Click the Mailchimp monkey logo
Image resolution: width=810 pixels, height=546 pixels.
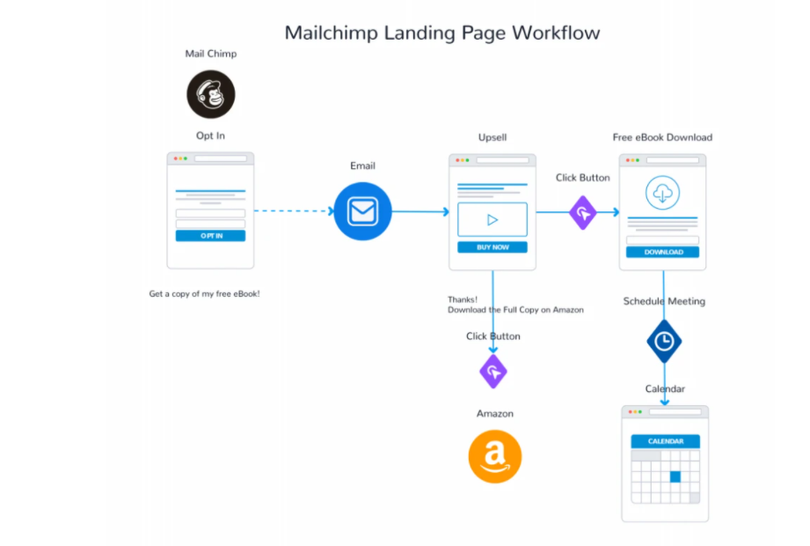[x=210, y=94]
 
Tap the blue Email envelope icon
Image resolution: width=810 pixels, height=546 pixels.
[x=362, y=211]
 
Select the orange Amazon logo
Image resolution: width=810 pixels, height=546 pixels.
[x=494, y=457]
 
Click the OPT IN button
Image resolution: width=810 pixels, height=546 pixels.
[x=210, y=236]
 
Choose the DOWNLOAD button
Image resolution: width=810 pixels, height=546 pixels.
[x=662, y=252]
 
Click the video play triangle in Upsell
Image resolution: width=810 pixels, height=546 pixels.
[x=493, y=219]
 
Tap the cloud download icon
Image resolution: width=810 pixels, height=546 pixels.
[x=662, y=193]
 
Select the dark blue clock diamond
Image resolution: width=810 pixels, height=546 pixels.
[x=664, y=341]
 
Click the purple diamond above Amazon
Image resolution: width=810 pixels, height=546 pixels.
[x=493, y=372]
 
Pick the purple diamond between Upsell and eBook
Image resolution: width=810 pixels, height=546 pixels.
[x=582, y=212]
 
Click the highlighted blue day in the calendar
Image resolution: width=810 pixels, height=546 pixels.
[x=675, y=476]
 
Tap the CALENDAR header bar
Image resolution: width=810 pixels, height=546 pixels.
[x=665, y=441]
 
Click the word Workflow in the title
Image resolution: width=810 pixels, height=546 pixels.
[x=556, y=33]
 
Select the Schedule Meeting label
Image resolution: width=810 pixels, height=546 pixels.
[x=664, y=301]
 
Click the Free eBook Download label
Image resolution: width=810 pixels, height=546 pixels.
[x=662, y=137]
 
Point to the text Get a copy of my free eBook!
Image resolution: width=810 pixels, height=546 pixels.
[x=204, y=294]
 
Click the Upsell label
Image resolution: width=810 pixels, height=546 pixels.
[x=493, y=137]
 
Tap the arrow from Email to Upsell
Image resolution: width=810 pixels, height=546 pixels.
[x=420, y=211]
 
